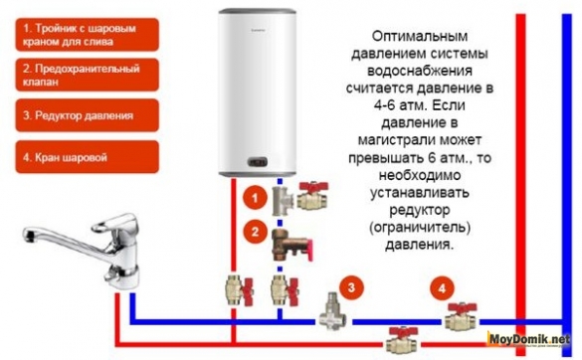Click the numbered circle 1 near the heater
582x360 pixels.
coord(256,198)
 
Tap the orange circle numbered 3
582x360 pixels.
coord(349,289)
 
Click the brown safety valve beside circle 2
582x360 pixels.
coord(288,240)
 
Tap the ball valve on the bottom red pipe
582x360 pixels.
coord(400,338)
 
